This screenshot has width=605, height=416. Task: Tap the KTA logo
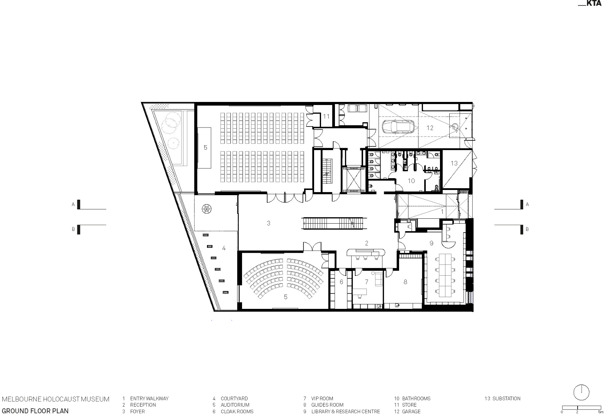coord(590,4)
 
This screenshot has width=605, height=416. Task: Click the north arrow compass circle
coord(581,392)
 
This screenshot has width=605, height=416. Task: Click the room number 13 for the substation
coord(454,163)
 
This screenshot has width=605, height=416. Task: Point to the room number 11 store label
coord(326,116)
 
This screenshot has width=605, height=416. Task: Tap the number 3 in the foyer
coord(268,223)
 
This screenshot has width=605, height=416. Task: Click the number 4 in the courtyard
coord(224,248)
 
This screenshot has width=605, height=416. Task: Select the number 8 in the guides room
coord(405,282)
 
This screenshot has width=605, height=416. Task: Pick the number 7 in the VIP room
coord(366,282)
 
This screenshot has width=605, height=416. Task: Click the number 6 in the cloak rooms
coord(341,282)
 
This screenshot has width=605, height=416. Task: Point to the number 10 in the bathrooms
coord(411,181)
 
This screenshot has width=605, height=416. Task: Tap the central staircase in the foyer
coord(335,223)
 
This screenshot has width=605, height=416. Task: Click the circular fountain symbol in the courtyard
coord(207,209)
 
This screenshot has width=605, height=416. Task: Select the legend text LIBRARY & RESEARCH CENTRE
coord(345,411)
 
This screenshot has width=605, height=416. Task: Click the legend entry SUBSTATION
coord(506,399)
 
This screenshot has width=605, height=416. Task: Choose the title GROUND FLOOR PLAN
coord(35,411)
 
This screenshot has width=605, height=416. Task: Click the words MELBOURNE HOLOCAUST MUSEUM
coord(56,399)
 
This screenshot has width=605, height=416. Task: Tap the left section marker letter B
coord(73,229)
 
